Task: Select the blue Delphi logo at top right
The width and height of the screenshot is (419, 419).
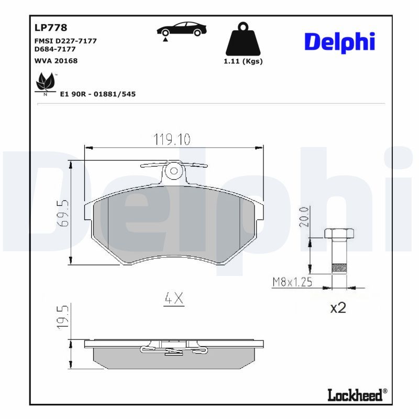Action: [339, 41]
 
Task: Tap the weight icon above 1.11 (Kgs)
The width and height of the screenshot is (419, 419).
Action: [242, 39]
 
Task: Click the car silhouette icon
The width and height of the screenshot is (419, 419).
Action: [181, 30]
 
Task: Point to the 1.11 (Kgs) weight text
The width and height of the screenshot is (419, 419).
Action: [243, 61]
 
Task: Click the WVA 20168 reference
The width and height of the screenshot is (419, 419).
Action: [56, 60]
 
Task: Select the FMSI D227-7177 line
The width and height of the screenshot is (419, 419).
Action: [65, 40]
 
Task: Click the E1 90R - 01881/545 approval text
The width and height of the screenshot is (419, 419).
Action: [98, 94]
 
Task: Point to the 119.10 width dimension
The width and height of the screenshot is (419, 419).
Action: [172, 139]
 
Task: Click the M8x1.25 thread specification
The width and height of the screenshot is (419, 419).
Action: [292, 282]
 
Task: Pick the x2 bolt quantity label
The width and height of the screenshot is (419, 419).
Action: [338, 308]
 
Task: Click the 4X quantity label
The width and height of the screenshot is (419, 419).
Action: [173, 299]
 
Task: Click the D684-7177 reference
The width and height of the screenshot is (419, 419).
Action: [55, 49]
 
